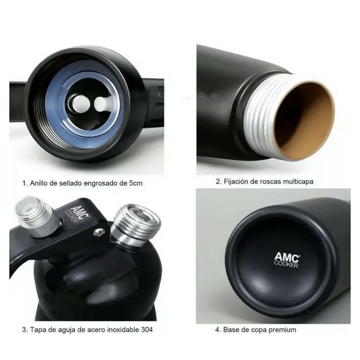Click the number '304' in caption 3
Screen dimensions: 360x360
coord(147,330)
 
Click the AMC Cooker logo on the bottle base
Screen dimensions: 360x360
coord(287,260)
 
